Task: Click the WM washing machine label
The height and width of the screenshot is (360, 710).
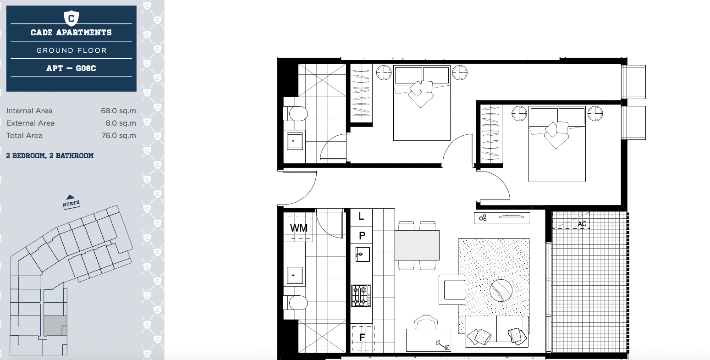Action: pyautogui.click(x=298, y=228)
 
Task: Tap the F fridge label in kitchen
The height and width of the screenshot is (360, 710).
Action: pyautogui.click(x=362, y=338)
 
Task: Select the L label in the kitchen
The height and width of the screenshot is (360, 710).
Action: pyautogui.click(x=362, y=216)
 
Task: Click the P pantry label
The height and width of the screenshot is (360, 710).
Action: pyautogui.click(x=362, y=236)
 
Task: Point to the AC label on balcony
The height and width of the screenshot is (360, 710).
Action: pyautogui.click(x=582, y=224)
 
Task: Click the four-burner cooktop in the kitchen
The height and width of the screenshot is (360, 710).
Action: pyautogui.click(x=361, y=296)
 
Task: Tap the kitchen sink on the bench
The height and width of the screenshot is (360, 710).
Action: pyautogui.click(x=363, y=254)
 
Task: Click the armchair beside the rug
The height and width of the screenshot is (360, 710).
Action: pyautogui.click(x=452, y=289)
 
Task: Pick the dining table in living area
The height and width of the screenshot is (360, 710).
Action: pyautogui.click(x=417, y=245)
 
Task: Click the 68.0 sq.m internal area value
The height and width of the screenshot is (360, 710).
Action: pyautogui.click(x=118, y=111)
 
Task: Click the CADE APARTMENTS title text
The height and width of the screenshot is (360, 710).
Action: pyautogui.click(x=71, y=33)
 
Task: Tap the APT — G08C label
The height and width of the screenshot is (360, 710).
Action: pyautogui.click(x=71, y=68)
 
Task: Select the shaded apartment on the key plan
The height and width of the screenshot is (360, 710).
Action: pyautogui.click(x=55, y=326)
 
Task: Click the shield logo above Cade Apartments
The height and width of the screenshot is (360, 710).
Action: pyautogui.click(x=71, y=18)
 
